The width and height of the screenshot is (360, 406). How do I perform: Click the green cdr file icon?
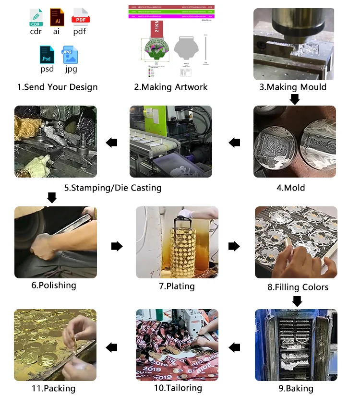(36, 17)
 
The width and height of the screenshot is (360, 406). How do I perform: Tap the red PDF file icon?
(80, 17)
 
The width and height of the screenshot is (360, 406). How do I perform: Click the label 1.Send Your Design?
(57, 87)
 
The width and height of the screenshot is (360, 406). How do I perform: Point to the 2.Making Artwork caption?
(171, 87)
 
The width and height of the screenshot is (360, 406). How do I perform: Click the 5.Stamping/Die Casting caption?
(113, 188)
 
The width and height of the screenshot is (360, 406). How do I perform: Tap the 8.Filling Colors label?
(298, 287)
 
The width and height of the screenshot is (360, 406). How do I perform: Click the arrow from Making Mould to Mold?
(295, 99)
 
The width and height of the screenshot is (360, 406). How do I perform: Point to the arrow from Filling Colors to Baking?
(297, 301)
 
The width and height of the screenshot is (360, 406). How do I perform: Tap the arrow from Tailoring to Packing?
(112, 347)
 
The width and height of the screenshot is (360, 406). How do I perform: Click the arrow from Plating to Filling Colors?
(234, 246)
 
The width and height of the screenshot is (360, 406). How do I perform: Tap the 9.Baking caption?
(296, 388)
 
